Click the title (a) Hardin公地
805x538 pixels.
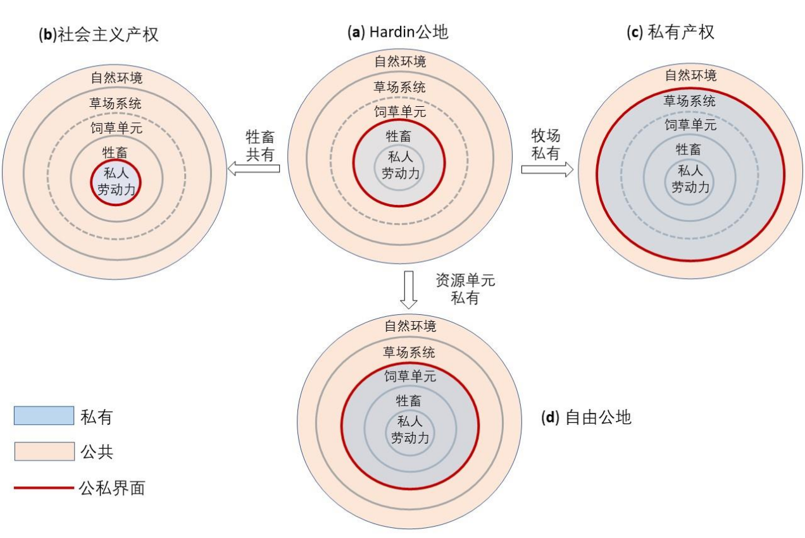tap(398, 32)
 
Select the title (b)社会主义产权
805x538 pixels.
tap(99, 35)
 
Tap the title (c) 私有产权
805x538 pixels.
tap(670, 32)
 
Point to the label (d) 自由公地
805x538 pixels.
tap(586, 417)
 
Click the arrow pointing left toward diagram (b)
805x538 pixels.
tap(254, 168)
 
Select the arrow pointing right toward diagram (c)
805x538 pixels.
tap(547, 169)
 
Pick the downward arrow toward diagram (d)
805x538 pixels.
tap(409, 290)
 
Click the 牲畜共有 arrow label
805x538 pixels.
tap(260, 145)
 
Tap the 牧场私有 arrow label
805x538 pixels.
tap(546, 145)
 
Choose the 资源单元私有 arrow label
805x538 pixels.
tap(465, 289)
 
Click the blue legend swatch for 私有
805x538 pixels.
tap(44, 415)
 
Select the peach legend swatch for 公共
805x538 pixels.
tap(44, 451)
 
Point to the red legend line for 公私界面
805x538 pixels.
tap(44, 488)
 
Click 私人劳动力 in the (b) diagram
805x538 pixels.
tap(116, 181)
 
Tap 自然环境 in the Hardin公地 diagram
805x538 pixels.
tap(400, 61)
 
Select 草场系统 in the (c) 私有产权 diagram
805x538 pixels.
tap(689, 101)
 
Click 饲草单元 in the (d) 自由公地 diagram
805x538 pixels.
tap(410, 376)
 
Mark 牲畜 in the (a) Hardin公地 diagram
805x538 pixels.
tap(398, 137)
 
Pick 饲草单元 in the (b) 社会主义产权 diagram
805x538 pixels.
tap(116, 128)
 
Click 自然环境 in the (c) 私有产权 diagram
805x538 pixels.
tap(690, 75)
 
